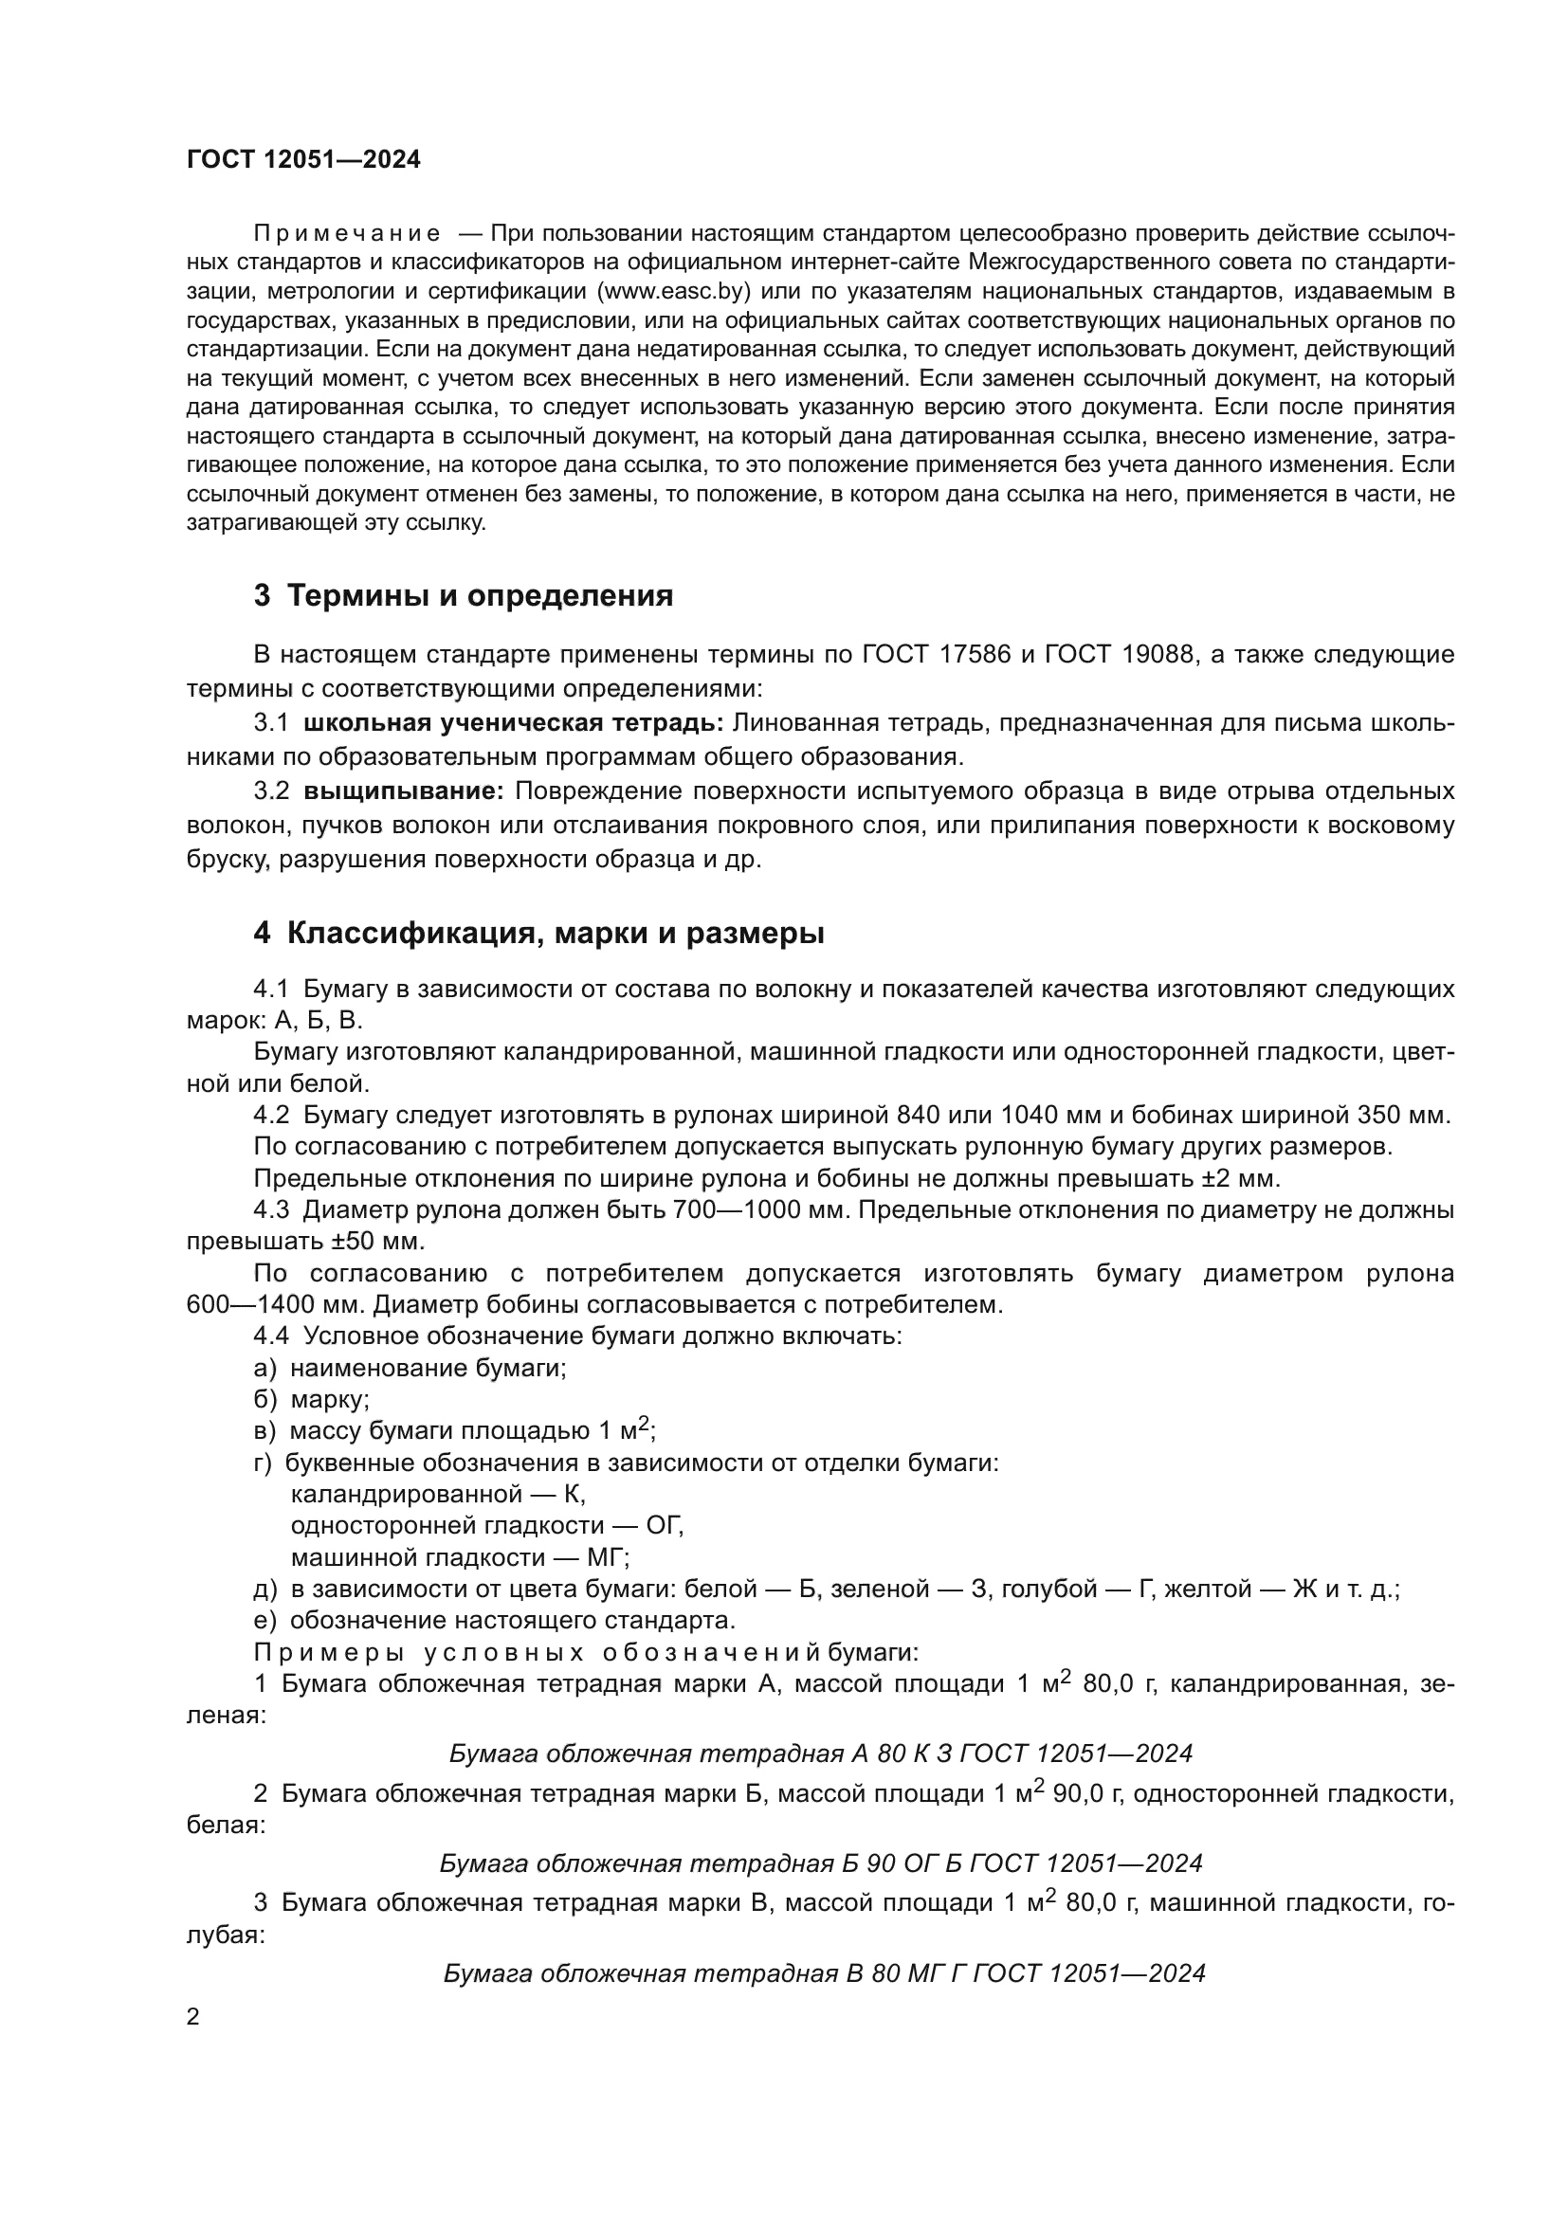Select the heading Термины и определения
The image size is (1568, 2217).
(x=480, y=596)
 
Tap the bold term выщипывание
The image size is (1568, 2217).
(x=404, y=791)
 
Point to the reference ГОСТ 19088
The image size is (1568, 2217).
(x=1119, y=655)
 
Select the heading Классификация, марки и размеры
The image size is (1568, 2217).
(x=556, y=934)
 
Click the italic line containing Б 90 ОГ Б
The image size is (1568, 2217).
(x=821, y=1863)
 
